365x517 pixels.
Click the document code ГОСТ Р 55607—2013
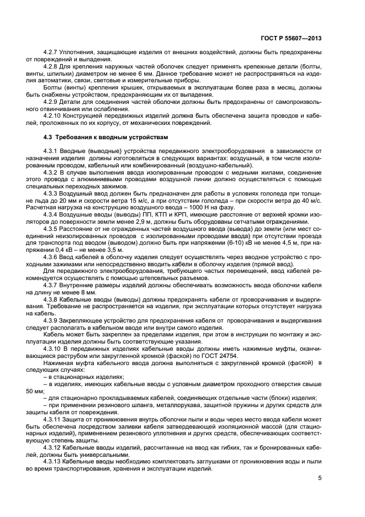tap(290, 38)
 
